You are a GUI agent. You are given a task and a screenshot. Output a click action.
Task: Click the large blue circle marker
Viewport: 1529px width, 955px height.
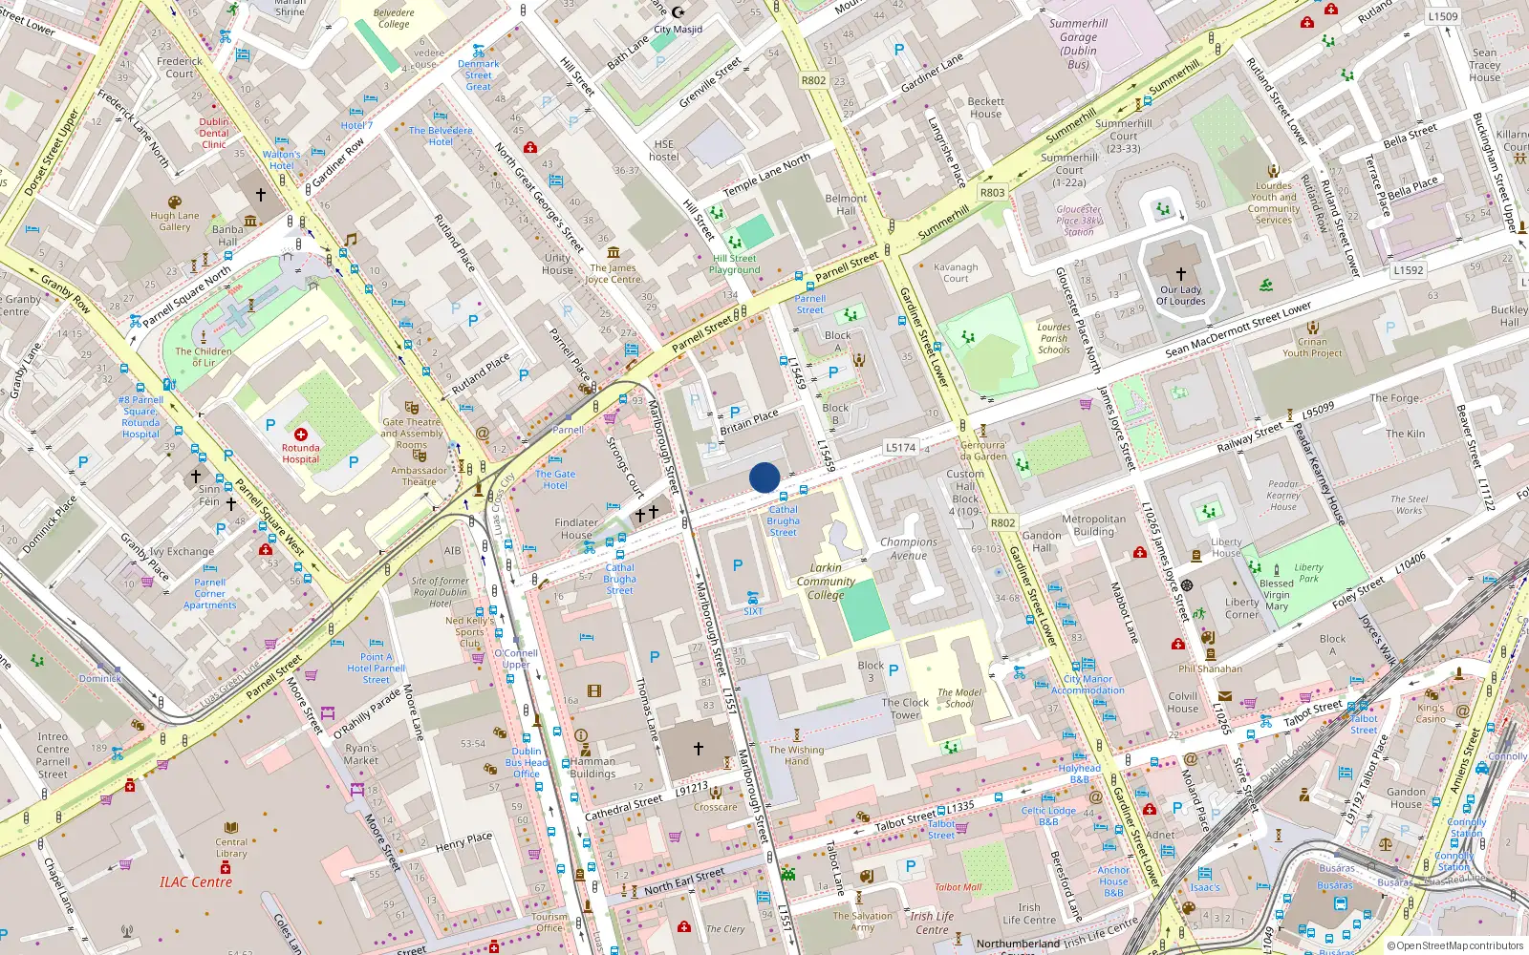coord(764,477)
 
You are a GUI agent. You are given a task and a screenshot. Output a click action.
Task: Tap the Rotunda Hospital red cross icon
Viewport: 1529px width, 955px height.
coord(301,435)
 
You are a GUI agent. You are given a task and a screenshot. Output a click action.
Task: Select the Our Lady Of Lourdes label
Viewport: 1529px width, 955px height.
coord(1181,295)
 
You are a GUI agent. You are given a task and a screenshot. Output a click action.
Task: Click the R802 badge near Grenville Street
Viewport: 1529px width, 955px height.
coord(814,80)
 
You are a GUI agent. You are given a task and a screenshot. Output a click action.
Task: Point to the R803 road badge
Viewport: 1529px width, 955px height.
coord(993,192)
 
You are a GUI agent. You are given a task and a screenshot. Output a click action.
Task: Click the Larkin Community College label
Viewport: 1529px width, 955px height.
coord(826,581)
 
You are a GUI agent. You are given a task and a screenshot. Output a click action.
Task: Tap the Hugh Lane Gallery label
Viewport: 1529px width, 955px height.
coord(175,221)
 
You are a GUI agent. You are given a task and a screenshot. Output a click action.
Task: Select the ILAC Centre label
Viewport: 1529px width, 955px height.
coord(196,882)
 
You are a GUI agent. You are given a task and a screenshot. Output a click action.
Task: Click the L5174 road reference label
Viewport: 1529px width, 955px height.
coord(900,447)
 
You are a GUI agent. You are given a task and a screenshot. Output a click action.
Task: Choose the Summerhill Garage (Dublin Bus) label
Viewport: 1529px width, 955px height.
coord(1079,44)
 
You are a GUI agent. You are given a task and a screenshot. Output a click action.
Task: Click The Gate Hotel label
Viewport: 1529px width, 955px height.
coord(555,479)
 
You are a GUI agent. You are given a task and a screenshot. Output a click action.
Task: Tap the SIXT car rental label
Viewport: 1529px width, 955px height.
coord(753,611)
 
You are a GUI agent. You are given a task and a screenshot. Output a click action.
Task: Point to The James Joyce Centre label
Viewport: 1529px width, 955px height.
coord(613,274)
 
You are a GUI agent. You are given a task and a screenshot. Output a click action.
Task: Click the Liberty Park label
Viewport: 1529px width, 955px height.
coord(1308,573)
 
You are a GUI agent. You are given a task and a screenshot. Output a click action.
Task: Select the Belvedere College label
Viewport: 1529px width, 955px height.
coord(394,19)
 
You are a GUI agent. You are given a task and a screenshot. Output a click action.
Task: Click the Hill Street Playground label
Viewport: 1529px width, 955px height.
coord(735,265)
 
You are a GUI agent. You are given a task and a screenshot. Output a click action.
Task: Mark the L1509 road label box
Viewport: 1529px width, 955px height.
coord(1443,16)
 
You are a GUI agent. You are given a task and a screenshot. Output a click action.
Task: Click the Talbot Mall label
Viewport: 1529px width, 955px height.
coord(958,887)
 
